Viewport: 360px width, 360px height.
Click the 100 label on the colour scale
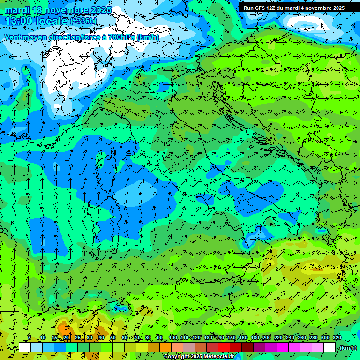click(173, 338)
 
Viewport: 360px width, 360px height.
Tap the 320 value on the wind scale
click(337, 338)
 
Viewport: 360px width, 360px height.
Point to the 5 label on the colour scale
click(30, 338)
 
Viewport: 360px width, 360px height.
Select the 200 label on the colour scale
click(267, 338)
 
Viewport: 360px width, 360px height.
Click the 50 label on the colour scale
click(113, 338)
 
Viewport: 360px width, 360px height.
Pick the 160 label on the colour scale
click(243, 338)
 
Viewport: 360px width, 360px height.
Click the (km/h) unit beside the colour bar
click(348, 348)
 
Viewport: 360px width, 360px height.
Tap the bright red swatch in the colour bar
click(224, 347)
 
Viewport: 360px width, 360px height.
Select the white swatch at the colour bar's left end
click(25, 347)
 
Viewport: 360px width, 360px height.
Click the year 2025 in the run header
click(337, 8)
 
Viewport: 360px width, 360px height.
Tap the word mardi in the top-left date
click(15, 10)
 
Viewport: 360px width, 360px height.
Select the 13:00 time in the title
click(17, 21)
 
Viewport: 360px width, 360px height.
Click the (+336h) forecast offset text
click(83, 21)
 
